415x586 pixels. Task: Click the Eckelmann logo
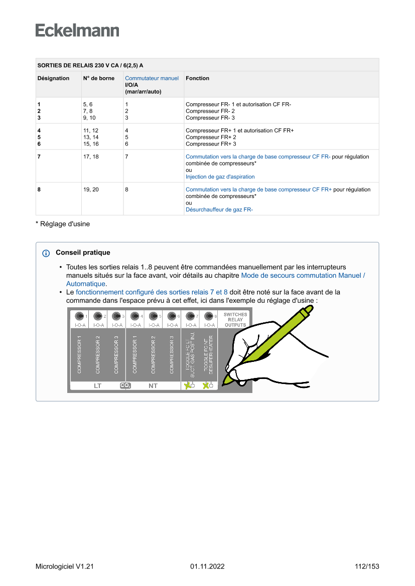click(x=77, y=31)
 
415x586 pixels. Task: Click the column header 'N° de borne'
click(x=98, y=78)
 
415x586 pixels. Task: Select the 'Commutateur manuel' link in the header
click(x=152, y=78)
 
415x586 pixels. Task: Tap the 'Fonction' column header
click(x=197, y=78)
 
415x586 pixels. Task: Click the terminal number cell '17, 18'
click(x=91, y=157)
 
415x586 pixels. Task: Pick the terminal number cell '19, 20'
click(x=91, y=190)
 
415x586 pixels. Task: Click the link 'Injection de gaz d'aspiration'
click(x=220, y=176)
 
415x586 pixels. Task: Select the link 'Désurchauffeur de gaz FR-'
click(x=219, y=210)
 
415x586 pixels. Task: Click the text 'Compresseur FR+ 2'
click(x=211, y=137)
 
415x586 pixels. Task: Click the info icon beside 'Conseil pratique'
click(x=46, y=253)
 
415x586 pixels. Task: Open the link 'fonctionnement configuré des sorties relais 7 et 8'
click(x=152, y=292)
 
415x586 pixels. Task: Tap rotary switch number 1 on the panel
click(x=79, y=316)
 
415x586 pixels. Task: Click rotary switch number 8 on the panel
click(x=209, y=316)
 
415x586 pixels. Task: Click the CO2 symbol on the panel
click(x=125, y=385)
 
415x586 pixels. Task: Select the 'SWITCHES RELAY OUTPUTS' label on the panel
click(x=235, y=320)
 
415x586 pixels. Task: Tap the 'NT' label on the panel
click(x=153, y=386)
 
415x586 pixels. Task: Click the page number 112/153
click(x=367, y=566)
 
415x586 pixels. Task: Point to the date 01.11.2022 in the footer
click(x=207, y=566)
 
